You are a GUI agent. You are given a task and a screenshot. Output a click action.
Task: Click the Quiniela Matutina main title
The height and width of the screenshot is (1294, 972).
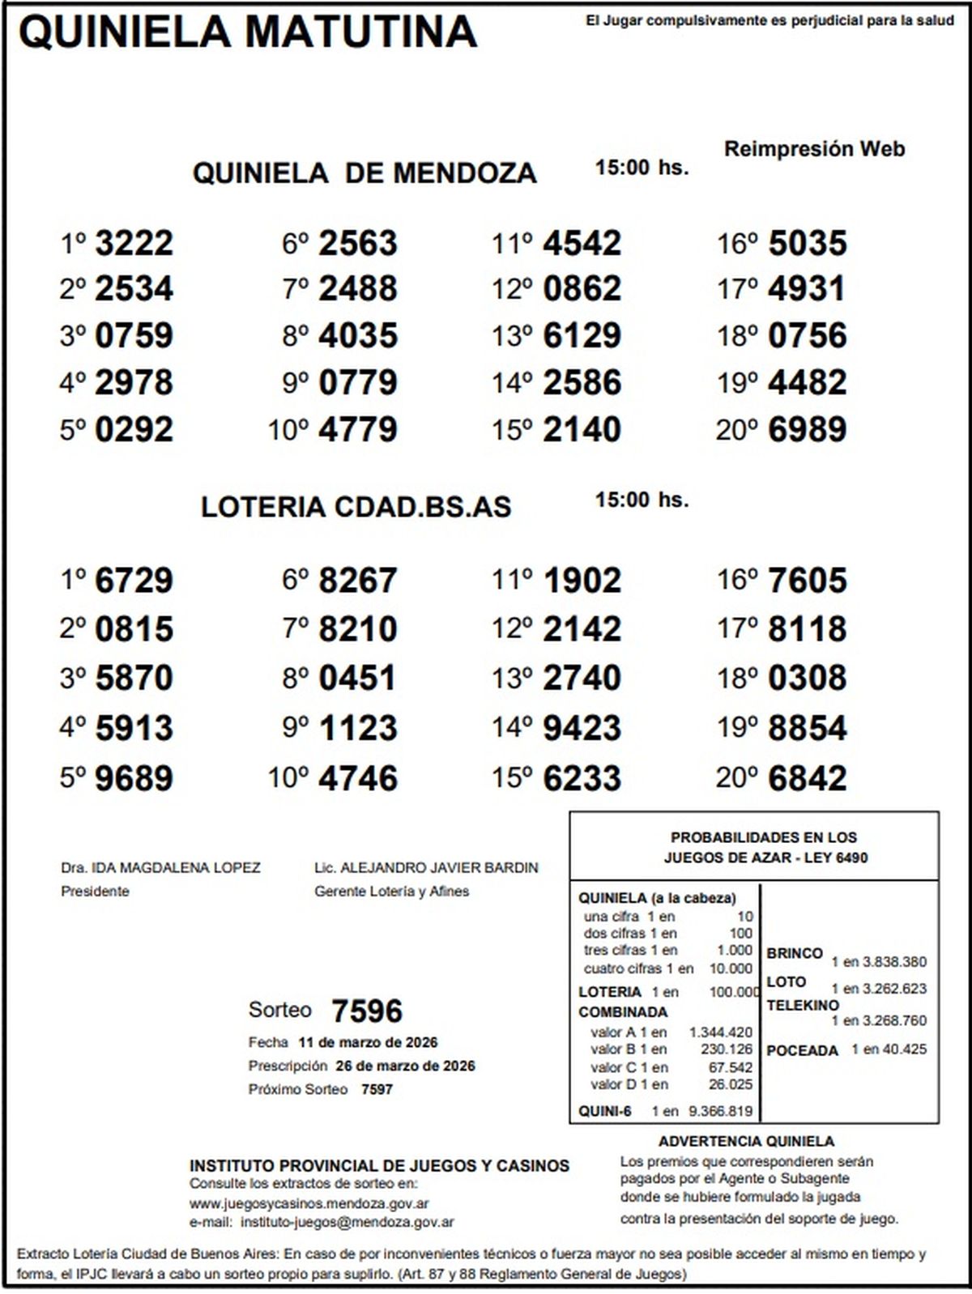247,32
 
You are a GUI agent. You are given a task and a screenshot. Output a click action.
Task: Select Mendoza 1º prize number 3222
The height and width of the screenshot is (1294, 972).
134,243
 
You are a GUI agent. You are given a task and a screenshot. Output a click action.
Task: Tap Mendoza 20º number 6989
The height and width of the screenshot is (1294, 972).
807,429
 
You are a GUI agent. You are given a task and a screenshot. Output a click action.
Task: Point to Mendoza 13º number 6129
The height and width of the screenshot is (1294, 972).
582,335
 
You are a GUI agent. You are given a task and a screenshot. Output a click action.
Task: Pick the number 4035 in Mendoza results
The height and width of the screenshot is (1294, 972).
358,335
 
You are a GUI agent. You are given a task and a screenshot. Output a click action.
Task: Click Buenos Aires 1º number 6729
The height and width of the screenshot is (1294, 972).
134,581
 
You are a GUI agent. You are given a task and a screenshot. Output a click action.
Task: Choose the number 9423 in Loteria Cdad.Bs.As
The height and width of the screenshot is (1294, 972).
582,727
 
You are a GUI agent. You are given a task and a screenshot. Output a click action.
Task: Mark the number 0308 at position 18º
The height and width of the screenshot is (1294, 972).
807,678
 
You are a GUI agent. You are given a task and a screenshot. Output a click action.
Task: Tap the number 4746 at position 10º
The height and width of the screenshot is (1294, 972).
358,777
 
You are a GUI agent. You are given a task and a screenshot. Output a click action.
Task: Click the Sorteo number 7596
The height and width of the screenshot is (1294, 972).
367,1011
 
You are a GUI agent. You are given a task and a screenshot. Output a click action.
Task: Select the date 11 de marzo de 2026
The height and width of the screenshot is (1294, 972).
368,1042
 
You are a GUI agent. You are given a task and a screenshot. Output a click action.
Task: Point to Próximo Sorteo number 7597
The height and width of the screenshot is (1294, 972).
377,1089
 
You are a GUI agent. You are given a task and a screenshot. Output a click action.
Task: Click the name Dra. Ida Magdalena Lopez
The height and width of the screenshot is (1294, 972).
160,868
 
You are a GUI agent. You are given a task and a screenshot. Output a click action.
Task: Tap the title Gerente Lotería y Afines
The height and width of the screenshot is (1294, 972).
391,892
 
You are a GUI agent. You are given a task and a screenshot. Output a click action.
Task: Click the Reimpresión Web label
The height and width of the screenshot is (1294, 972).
814,149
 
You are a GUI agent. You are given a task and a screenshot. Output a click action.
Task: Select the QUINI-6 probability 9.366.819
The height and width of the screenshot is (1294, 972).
720,1111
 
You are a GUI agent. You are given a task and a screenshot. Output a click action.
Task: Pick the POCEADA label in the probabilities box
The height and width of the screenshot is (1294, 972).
802,1050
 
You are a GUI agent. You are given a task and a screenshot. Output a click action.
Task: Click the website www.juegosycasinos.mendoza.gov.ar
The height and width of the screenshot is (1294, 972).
309,1203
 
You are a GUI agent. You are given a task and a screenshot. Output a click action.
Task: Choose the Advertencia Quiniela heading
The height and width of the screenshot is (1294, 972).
746,1142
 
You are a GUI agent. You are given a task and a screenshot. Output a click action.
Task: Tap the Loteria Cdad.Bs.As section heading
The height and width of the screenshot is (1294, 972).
356,507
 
